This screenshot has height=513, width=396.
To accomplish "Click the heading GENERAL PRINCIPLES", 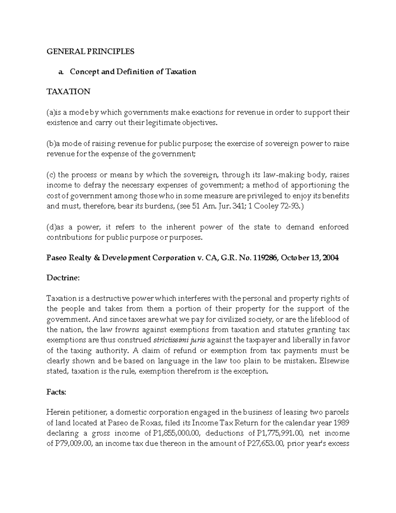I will pyautogui.click(x=90, y=52).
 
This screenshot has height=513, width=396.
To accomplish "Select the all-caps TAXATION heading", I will pyautogui.click(x=68, y=92).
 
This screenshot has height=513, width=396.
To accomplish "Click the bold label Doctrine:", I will pyautogui.click(x=63, y=278).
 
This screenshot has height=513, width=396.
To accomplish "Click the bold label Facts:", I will pyautogui.click(x=56, y=392).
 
